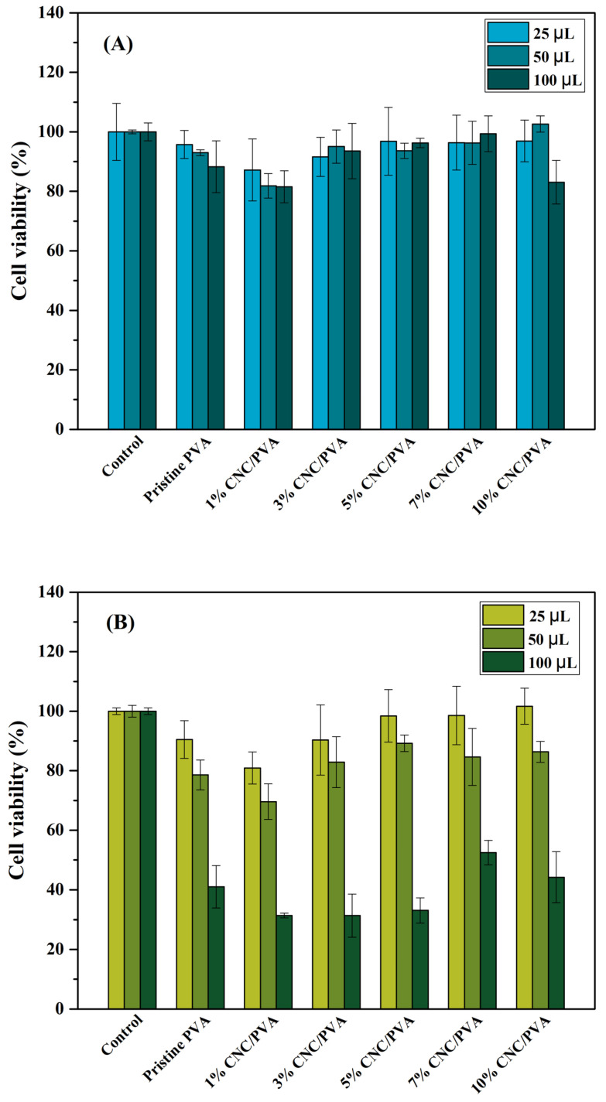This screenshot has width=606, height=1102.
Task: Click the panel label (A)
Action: pyautogui.click(x=118, y=44)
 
